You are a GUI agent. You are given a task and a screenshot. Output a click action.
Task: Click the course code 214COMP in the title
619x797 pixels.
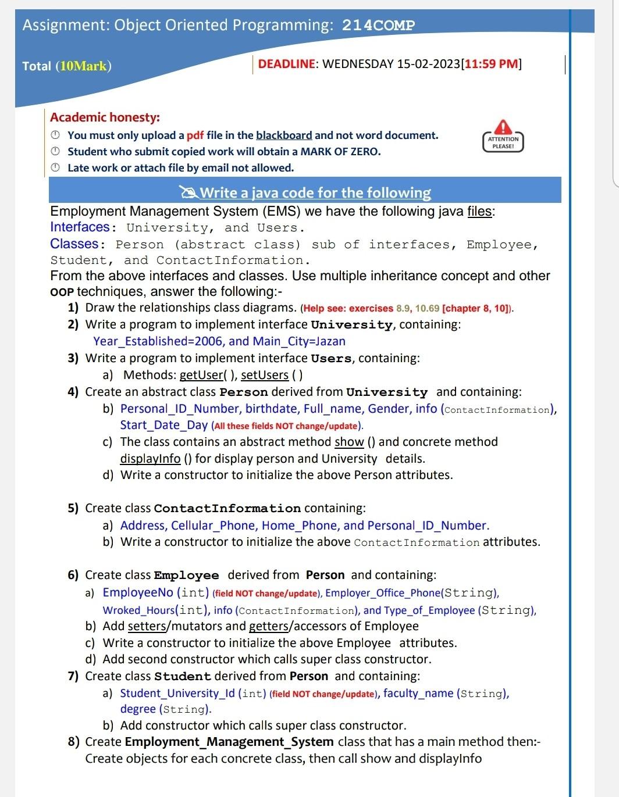[378, 26]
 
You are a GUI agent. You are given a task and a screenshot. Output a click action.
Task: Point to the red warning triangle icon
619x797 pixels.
[503, 126]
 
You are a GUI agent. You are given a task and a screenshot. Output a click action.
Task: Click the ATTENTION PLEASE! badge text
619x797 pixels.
[503, 142]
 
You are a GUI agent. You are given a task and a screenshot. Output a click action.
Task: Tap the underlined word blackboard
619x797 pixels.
[284, 135]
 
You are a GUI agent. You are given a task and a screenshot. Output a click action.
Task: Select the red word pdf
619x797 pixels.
[195, 135]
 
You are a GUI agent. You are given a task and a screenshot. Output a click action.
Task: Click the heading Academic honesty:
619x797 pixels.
[105, 117]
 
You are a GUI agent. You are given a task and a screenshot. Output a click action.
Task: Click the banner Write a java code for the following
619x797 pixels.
[315, 192]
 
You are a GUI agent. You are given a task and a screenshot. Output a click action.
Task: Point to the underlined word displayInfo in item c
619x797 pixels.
[150, 459]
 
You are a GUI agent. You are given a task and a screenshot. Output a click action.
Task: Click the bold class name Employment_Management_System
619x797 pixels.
[229, 742]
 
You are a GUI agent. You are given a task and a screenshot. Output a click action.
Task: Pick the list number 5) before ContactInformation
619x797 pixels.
[73, 508]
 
